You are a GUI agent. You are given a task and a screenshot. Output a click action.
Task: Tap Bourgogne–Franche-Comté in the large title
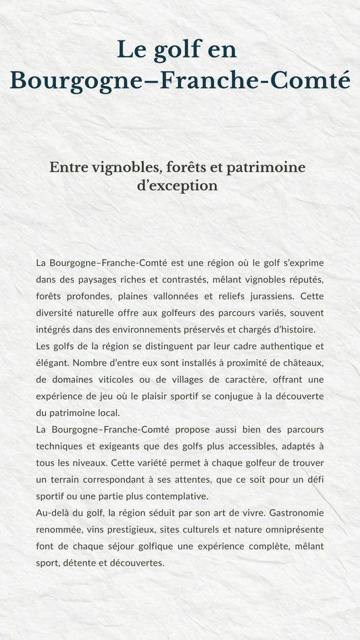tap(180, 80)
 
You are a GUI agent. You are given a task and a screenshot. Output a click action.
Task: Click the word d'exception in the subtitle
tap(177, 186)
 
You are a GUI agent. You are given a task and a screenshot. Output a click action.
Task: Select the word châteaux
tap(301, 363)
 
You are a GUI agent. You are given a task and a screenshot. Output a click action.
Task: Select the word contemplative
tap(168, 496)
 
